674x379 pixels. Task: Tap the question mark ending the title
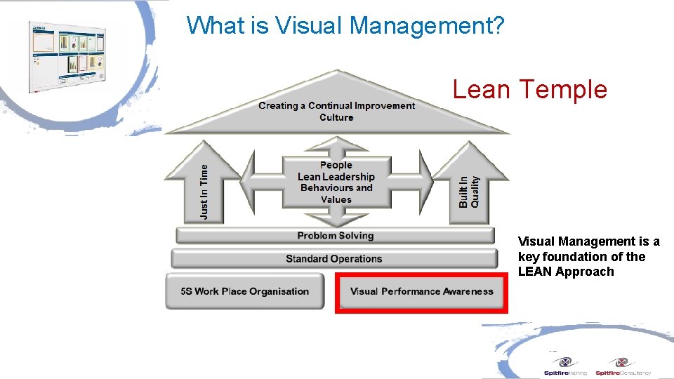click(x=498, y=26)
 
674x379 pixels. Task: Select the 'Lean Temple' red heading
click(x=529, y=90)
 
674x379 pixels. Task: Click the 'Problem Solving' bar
click(x=335, y=236)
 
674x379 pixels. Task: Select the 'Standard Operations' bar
click(x=333, y=259)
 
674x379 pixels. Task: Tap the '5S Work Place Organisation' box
click(x=244, y=291)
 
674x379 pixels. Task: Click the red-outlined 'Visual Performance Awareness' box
click(x=421, y=291)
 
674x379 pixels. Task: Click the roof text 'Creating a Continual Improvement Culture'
click(x=336, y=111)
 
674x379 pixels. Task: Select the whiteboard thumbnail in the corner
click(x=67, y=55)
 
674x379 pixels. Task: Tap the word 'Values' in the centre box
click(x=336, y=199)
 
